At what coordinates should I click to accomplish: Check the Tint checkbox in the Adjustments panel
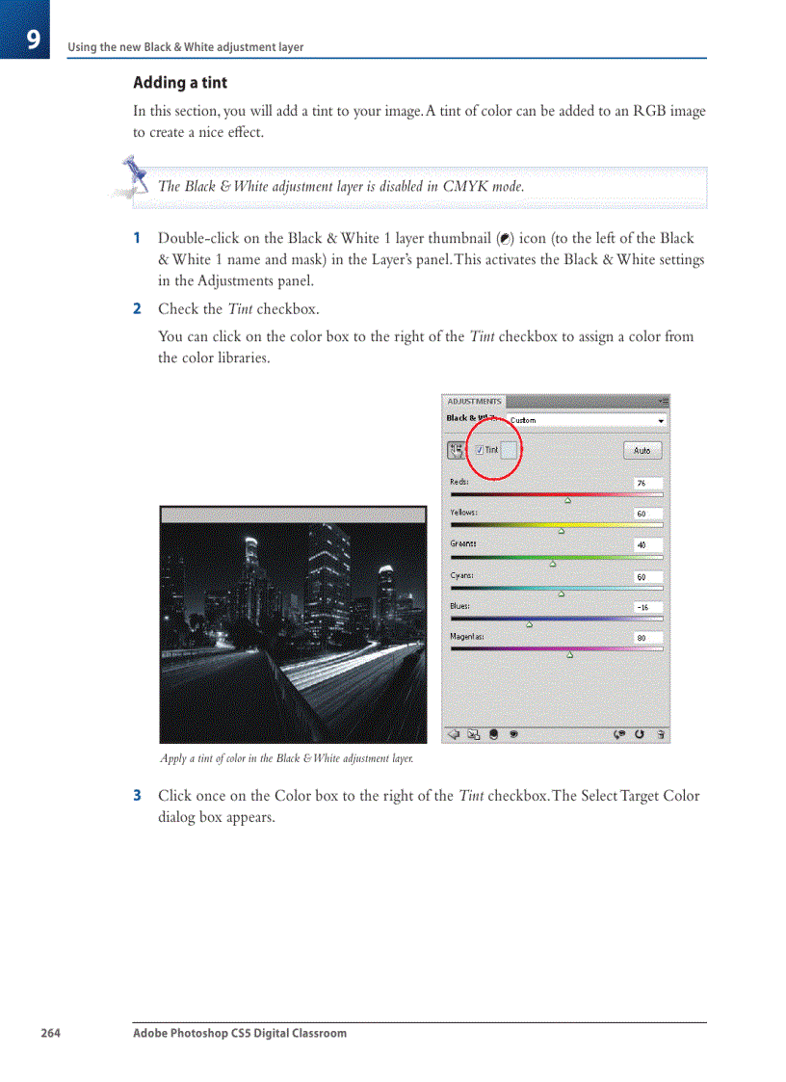480,450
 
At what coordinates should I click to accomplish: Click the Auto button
642,450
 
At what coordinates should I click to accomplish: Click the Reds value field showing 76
647,483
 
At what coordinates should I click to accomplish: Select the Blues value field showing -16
647,607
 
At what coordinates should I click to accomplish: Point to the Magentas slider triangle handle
569,655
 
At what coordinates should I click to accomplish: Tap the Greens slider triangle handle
553,564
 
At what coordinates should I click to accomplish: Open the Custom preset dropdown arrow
661,421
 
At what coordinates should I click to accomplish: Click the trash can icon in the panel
660,733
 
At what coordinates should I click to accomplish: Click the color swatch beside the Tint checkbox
510,450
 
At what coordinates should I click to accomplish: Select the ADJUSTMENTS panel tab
474,401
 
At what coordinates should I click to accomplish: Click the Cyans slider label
461,575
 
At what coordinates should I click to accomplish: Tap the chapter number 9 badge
32,40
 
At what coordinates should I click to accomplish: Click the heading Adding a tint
180,83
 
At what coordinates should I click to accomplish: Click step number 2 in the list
137,309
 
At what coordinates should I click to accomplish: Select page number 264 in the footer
50,1033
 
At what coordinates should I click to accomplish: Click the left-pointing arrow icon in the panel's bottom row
454,733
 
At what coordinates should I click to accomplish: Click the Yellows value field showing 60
647,514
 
